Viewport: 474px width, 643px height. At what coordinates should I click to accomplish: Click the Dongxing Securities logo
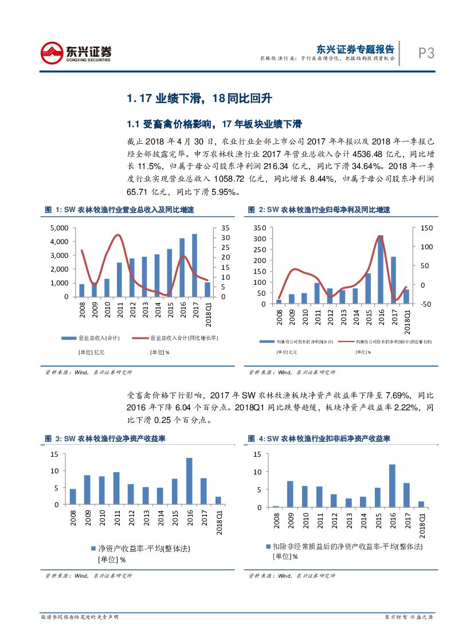click(76, 53)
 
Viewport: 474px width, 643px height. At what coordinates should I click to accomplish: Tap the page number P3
click(425, 53)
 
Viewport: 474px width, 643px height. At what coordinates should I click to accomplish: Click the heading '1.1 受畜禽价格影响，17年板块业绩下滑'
click(214, 124)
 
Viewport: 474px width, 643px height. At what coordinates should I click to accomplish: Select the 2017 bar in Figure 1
click(194, 265)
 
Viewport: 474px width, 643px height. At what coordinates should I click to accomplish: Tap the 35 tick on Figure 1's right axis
click(225, 228)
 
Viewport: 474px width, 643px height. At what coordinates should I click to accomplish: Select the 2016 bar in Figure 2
click(379, 269)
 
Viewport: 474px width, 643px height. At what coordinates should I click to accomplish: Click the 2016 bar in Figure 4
click(392, 485)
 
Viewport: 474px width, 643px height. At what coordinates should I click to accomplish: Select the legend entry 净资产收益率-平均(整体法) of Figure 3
click(140, 548)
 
